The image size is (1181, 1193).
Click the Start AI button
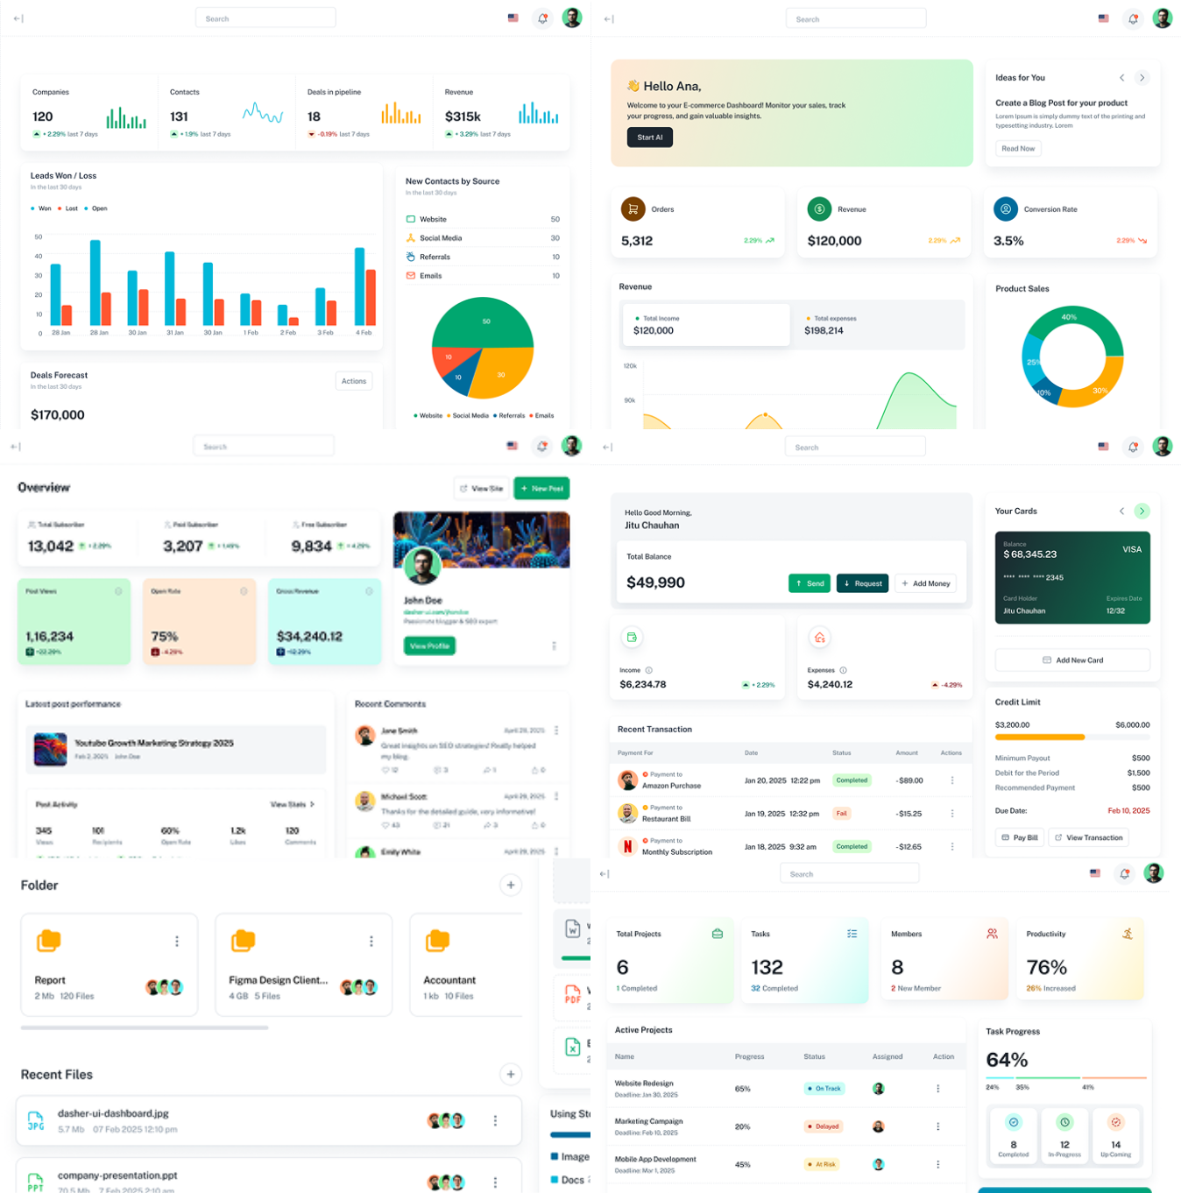click(649, 138)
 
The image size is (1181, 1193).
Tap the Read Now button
click(1017, 149)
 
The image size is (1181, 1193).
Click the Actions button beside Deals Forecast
click(354, 381)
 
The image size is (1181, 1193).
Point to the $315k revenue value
click(463, 116)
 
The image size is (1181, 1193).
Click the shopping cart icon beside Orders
click(633, 209)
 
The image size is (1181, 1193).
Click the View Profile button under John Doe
click(429, 646)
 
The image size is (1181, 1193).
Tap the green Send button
click(810, 583)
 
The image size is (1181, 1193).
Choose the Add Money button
click(925, 583)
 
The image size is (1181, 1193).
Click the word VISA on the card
click(1132, 550)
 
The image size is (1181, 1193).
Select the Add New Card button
click(1072, 660)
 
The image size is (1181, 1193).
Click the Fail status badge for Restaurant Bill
click(841, 814)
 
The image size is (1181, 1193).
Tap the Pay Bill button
click(1020, 838)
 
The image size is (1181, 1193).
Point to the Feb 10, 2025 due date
click(1128, 811)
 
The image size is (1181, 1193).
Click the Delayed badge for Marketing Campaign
click(823, 1127)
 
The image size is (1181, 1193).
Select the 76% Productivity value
click(1046, 968)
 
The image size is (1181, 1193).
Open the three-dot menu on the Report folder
click(177, 942)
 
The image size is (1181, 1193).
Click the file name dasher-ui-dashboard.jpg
click(113, 1114)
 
